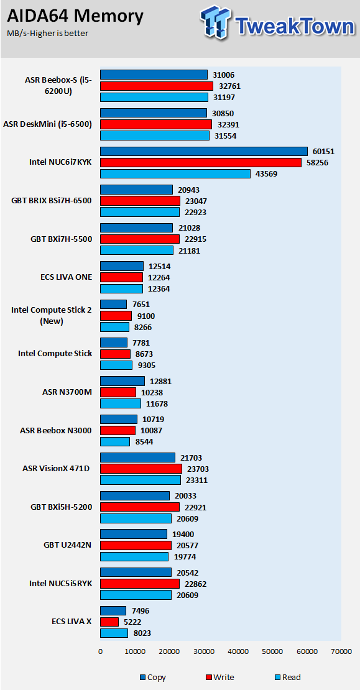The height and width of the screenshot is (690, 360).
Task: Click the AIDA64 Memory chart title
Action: pos(75,16)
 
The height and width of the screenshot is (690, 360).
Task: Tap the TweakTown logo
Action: pos(277,22)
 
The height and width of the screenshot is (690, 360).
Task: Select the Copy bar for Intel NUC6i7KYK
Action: pos(204,152)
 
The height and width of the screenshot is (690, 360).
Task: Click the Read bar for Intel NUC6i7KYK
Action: pos(175,174)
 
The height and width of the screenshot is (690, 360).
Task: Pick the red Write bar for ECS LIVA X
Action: pos(109,622)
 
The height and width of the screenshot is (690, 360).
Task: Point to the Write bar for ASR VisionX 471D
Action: pos(141,469)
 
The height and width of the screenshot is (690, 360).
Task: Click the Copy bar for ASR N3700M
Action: pos(122,381)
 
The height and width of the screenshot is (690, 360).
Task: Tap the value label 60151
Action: pos(323,152)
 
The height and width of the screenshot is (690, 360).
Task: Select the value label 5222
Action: pos(132,622)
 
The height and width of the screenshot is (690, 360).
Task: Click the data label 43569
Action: pos(266,174)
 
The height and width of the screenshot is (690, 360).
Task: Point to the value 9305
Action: pos(145,365)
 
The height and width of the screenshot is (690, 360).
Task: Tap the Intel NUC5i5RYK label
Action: pos(61,584)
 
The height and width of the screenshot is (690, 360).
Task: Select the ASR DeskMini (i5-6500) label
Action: pos(47,124)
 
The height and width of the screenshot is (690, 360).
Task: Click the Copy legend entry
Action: pos(153,677)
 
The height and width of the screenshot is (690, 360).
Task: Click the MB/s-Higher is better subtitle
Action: pos(48,34)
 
